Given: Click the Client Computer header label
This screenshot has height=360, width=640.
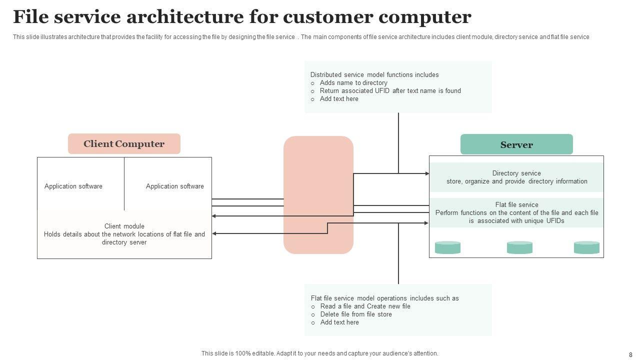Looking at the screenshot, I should (x=124, y=144).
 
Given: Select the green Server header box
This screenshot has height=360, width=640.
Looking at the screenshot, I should (x=516, y=144).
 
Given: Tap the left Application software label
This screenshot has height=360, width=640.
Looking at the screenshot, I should (x=73, y=186).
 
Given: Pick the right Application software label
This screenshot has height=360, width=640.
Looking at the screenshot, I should (x=175, y=186).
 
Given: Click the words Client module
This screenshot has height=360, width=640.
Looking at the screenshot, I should (x=124, y=226).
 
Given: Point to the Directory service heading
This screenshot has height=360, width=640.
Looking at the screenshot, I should (x=516, y=173).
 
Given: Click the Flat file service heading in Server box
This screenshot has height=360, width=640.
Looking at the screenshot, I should (x=516, y=204).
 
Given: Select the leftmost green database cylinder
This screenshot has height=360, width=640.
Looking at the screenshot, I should (x=447, y=247).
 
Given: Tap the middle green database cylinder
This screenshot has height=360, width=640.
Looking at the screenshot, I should (x=519, y=247).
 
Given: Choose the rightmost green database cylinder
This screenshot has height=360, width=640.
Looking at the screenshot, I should (x=586, y=247).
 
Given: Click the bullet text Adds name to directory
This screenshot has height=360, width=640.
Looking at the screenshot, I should (x=353, y=83).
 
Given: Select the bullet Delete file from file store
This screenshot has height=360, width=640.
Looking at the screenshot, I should (x=356, y=314).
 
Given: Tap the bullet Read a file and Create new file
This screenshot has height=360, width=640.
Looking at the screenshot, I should (x=365, y=306).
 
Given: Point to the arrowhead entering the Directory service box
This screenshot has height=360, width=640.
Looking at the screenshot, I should (x=427, y=173).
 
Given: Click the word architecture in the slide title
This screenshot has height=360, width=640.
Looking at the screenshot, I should (x=186, y=17).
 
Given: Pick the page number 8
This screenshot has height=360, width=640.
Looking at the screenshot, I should (x=630, y=355).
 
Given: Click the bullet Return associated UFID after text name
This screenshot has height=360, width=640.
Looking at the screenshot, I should (x=390, y=91).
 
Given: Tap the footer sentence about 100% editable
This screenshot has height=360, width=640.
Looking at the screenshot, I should (x=320, y=353).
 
